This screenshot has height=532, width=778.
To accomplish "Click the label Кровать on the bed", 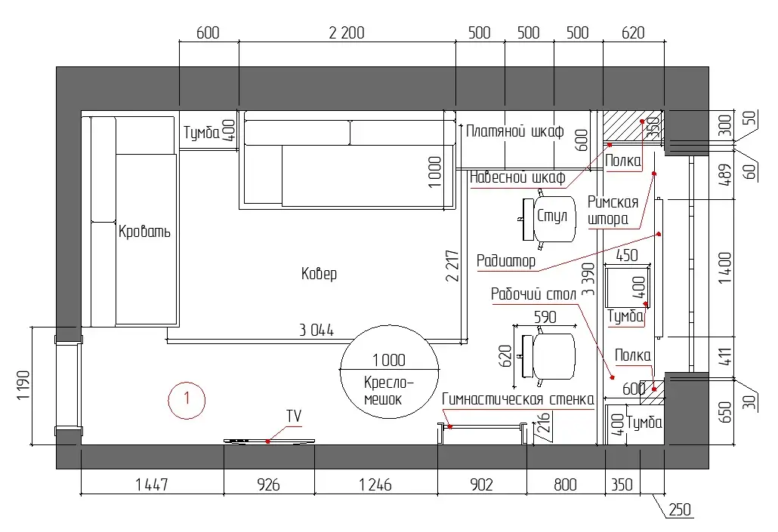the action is click(x=144, y=232).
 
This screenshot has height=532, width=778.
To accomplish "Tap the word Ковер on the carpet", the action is click(x=319, y=273).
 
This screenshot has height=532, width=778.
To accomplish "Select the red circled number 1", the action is click(x=187, y=400).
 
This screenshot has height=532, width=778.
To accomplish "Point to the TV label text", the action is click(x=294, y=416).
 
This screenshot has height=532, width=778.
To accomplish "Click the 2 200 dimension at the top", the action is click(x=347, y=32).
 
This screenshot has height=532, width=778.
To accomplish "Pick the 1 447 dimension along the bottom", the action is click(x=152, y=484).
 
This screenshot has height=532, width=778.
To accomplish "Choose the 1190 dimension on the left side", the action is click(x=23, y=386).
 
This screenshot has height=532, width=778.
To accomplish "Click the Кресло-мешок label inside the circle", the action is click(x=388, y=391).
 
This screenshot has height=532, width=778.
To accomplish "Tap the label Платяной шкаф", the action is click(x=514, y=131).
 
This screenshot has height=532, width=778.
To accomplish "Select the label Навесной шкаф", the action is click(x=517, y=177).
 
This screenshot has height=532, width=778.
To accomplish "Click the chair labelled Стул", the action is click(x=548, y=219).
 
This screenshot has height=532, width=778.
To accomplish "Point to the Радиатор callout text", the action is click(x=505, y=261).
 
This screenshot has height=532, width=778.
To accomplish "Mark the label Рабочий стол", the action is click(x=533, y=294).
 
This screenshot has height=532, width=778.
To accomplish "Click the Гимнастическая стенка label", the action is click(x=517, y=399).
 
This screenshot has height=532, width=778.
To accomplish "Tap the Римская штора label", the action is click(x=613, y=211).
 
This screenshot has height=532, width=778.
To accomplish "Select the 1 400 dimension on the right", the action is click(x=725, y=268).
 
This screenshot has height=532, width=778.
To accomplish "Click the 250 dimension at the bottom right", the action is click(x=680, y=509).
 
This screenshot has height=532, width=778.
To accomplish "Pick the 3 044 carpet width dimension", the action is click(x=316, y=331).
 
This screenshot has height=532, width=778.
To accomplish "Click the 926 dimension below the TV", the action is click(x=268, y=484).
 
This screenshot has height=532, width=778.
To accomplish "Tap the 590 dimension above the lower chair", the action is click(x=545, y=318).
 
